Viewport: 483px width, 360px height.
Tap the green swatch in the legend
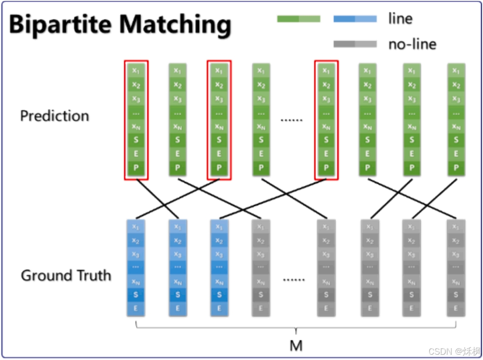(x=299, y=19)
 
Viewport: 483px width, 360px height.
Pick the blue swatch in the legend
(x=355, y=19)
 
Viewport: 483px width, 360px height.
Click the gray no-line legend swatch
(x=355, y=44)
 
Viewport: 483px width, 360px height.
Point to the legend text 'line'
(x=400, y=19)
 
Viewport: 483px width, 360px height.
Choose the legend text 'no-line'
(x=412, y=44)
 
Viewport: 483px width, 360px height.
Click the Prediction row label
(x=55, y=116)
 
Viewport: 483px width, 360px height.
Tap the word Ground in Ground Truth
(x=44, y=276)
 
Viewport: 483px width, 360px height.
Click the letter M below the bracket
(x=296, y=346)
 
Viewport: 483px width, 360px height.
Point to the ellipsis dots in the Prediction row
(x=291, y=120)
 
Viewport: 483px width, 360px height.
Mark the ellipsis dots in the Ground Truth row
(x=294, y=279)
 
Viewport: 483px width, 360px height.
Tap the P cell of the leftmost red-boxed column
(x=136, y=167)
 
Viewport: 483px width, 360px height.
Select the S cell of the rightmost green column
(x=456, y=140)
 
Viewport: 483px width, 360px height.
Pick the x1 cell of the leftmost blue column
(x=136, y=227)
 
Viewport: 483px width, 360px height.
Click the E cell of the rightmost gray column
(x=456, y=308)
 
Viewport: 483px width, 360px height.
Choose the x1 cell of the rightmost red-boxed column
(x=326, y=71)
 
